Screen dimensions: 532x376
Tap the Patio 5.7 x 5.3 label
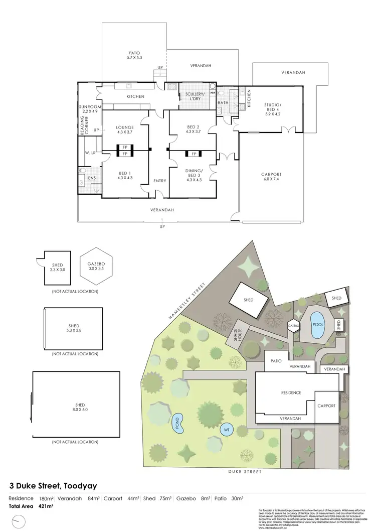pyautogui.click(x=134, y=55)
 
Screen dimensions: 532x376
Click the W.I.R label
pyautogui.click(x=90, y=153)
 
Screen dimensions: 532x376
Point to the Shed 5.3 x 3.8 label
pyautogui.click(x=74, y=328)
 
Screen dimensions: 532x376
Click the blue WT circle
pyautogui.click(x=226, y=430)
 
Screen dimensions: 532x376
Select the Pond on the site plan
pyautogui.click(x=177, y=424)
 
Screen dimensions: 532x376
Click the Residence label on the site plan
pyautogui.click(x=291, y=392)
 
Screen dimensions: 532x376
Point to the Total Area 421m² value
pyautogui.click(x=46, y=507)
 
